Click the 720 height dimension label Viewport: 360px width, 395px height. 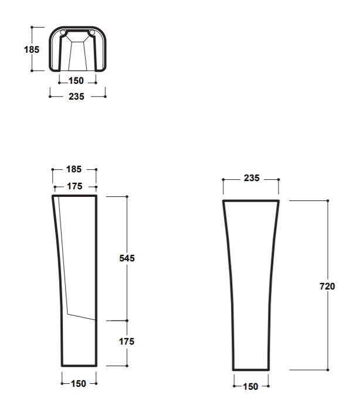(327, 287)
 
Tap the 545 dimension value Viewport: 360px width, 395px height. (127, 258)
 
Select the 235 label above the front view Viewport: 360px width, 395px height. (252, 178)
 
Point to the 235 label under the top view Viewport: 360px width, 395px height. (76, 97)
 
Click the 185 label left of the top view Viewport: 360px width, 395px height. (32, 50)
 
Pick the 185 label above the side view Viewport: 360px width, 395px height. (74, 169)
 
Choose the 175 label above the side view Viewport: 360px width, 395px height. (74, 186)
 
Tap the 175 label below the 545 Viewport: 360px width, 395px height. (127, 342)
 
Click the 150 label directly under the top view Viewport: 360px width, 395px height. (76, 81)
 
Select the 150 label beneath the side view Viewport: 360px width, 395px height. (79, 384)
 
